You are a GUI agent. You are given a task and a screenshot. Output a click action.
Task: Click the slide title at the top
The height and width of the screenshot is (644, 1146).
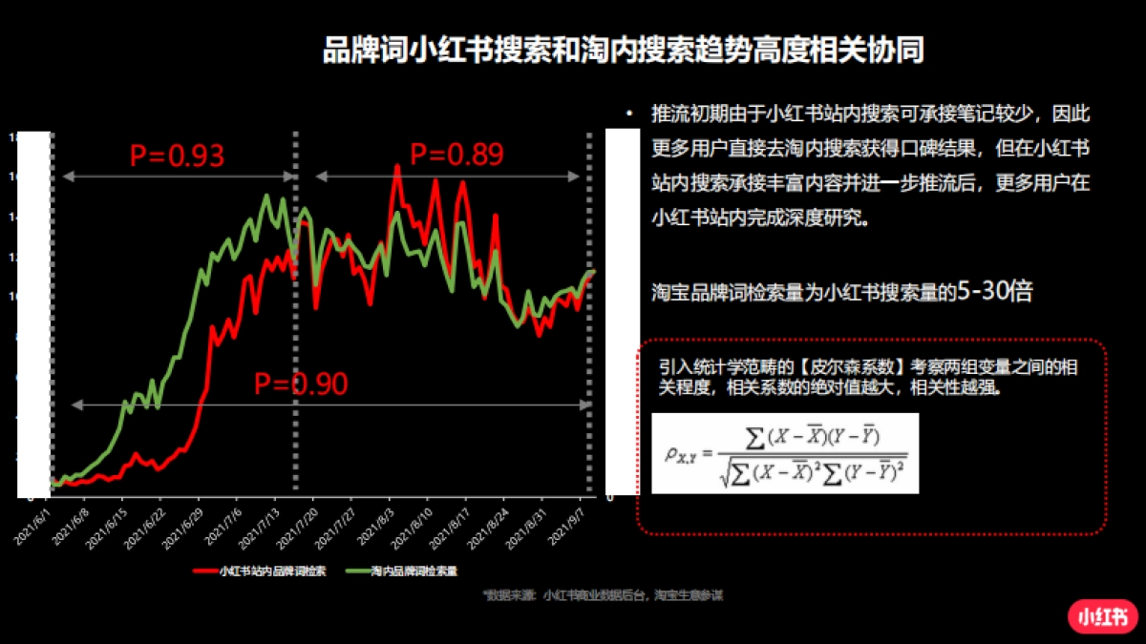pyautogui.click(x=623, y=51)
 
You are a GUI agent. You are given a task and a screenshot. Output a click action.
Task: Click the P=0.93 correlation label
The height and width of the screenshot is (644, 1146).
pyautogui.click(x=177, y=156)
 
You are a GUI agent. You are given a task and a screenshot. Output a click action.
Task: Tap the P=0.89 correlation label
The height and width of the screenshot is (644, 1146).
pyautogui.click(x=456, y=153)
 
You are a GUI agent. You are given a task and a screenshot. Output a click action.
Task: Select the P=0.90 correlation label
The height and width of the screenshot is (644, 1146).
pyautogui.click(x=301, y=384)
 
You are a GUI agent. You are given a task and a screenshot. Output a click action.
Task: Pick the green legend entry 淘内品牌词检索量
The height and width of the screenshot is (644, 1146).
pyautogui.click(x=405, y=571)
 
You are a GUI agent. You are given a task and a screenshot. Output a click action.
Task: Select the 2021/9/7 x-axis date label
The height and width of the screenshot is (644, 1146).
pyautogui.click(x=569, y=523)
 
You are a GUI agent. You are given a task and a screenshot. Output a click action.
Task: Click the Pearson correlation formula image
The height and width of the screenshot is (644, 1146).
pyautogui.click(x=784, y=453)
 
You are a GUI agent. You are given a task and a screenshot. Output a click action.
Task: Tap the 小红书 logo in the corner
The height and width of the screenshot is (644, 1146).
pyautogui.click(x=1103, y=614)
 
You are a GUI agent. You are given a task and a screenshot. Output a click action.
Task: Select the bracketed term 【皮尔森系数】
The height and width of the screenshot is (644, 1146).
pyautogui.click(x=847, y=367)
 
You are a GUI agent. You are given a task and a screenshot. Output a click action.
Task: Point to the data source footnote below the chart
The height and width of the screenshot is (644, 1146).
pyautogui.click(x=604, y=595)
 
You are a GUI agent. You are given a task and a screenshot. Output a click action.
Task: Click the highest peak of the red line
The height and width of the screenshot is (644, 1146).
pyautogui.click(x=396, y=167)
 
